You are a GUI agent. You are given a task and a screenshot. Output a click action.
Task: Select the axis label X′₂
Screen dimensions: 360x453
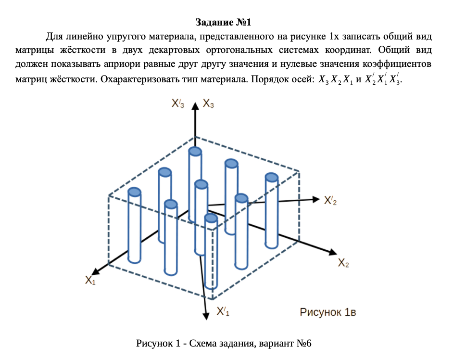pyautogui.click(x=330, y=201)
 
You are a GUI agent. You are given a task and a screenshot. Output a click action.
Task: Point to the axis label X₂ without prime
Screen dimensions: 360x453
pyautogui.click(x=343, y=263)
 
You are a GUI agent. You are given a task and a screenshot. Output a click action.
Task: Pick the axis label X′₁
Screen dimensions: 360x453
pyautogui.click(x=223, y=311)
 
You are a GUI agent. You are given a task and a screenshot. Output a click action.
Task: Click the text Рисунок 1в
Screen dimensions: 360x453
pyautogui.click(x=328, y=312)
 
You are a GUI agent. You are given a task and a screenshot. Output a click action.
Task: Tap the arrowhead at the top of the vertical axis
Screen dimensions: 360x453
pyautogui.click(x=194, y=106)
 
